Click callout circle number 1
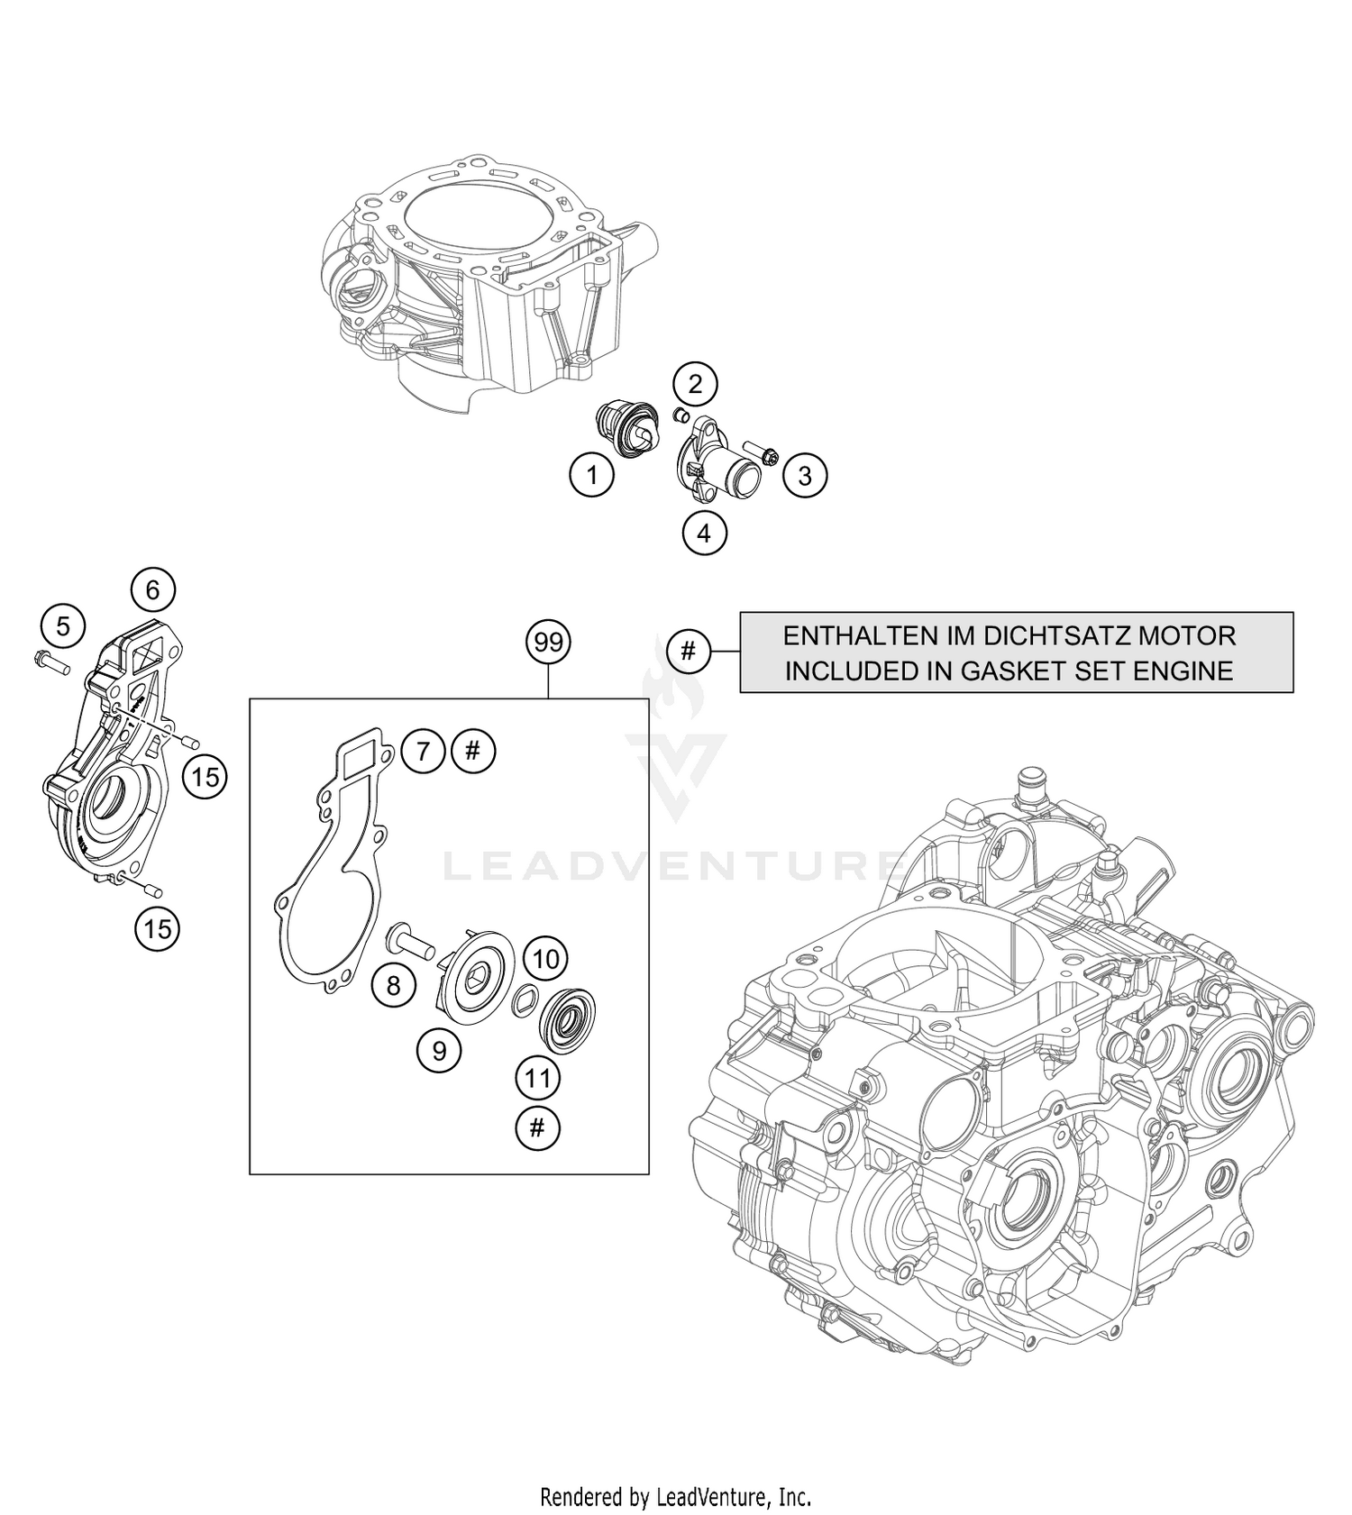click(592, 473)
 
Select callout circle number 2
click(695, 385)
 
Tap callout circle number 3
click(805, 475)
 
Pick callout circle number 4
click(704, 534)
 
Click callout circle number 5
click(63, 625)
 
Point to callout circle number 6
click(152, 590)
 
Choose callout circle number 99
click(548, 643)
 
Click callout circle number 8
click(394, 986)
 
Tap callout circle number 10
click(546, 958)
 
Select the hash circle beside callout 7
click(474, 751)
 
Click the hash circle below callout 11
click(537, 1127)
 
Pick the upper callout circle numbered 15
click(206, 777)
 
